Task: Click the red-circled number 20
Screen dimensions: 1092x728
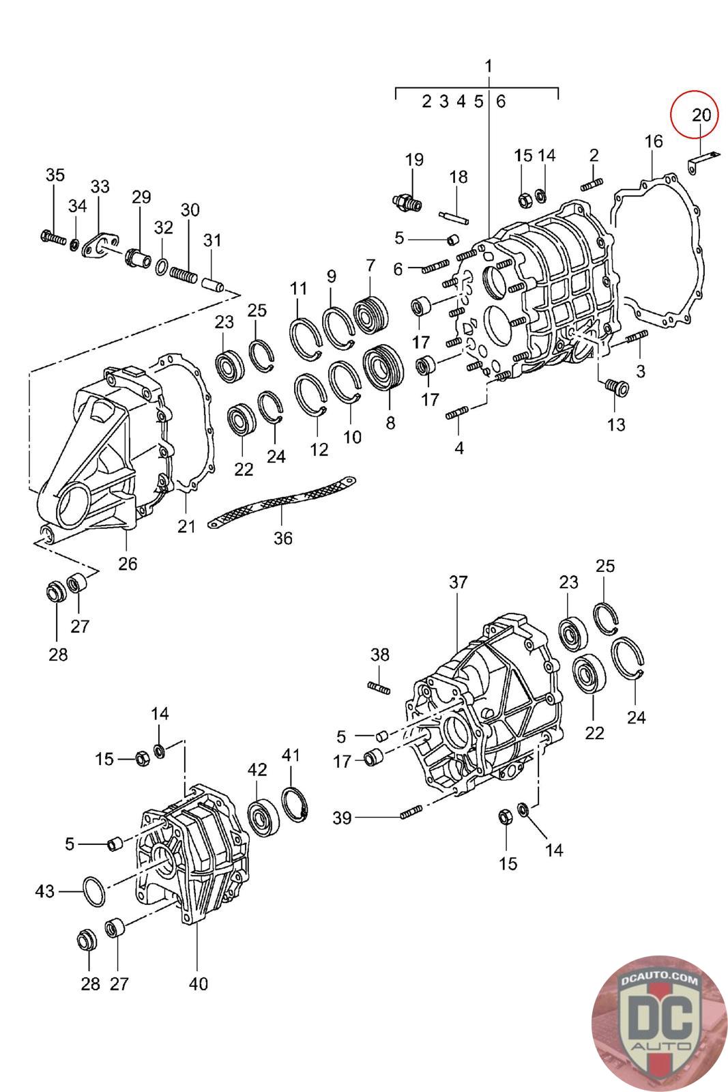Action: [701, 115]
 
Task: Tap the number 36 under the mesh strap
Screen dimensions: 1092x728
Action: [282, 538]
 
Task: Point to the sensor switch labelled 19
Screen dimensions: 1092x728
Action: [408, 201]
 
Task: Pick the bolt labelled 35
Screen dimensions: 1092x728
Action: [52, 239]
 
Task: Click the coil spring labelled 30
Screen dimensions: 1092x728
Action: [183, 276]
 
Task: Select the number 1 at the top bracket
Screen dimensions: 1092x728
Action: [489, 66]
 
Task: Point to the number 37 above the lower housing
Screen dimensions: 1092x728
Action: [458, 582]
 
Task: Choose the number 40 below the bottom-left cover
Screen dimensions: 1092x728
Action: [197, 984]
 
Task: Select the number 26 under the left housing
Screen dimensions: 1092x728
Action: [128, 564]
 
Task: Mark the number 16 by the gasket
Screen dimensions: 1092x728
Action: [653, 141]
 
